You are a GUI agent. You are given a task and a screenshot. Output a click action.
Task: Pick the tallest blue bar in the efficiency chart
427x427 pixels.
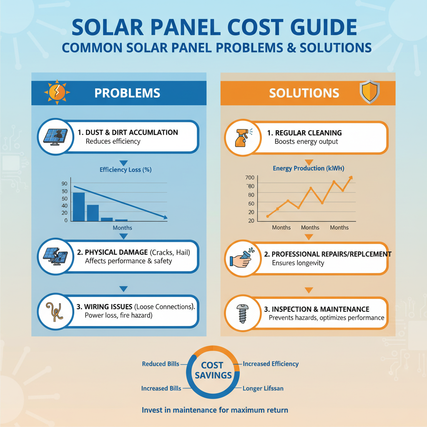point(79,206)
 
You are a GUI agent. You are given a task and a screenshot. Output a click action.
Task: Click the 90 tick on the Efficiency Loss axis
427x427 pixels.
point(64,183)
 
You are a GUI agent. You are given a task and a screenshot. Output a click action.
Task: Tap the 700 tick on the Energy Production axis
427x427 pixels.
point(250,178)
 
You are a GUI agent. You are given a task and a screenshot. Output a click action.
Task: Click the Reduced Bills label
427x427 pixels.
point(161,364)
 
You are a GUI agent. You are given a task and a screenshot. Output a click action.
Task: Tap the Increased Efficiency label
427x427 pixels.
point(271,364)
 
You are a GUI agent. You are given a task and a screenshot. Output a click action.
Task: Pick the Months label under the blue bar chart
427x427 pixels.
point(122,228)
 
